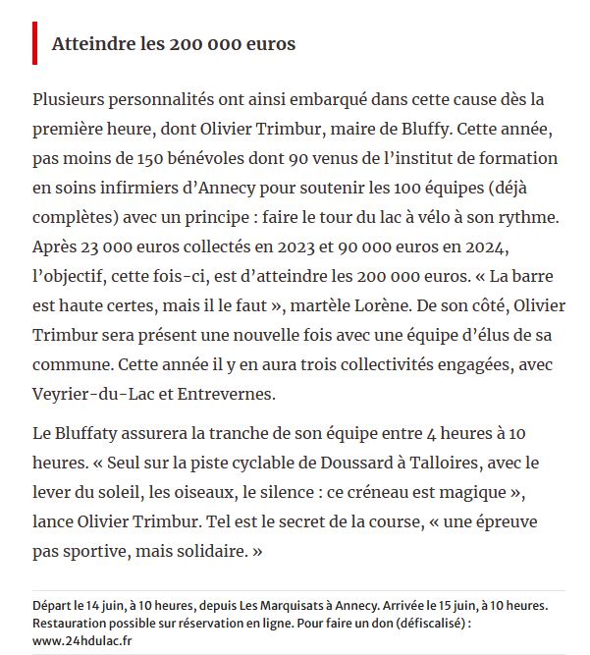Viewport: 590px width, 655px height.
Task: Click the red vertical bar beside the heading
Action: pyautogui.click(x=34, y=44)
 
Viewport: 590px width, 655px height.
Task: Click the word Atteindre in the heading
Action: pyautogui.click(x=87, y=45)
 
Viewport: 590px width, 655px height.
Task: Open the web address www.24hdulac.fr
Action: pyautogui.click(x=82, y=640)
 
